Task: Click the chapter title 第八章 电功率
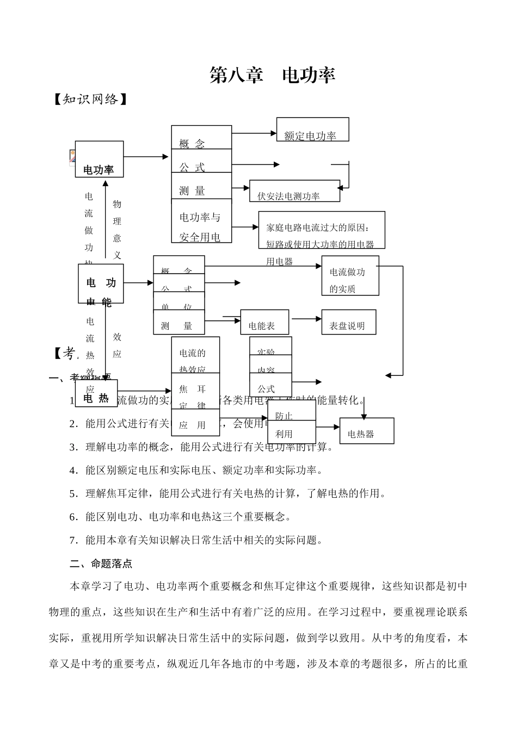(272, 76)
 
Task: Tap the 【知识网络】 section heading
(90, 100)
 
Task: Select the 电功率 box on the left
(99, 159)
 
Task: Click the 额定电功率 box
(312, 130)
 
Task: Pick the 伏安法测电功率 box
(294, 191)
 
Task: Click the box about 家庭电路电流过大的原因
(322, 230)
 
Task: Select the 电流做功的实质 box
(350, 276)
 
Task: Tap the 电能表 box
(264, 323)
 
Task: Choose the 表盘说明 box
(348, 322)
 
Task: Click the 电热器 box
(366, 431)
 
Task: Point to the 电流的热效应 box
(195, 355)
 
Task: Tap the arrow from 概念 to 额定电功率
(254, 133)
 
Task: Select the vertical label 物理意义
(117, 229)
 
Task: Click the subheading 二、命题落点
(101, 564)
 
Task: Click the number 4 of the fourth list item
(72, 471)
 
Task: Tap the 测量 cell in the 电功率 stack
(192, 190)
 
